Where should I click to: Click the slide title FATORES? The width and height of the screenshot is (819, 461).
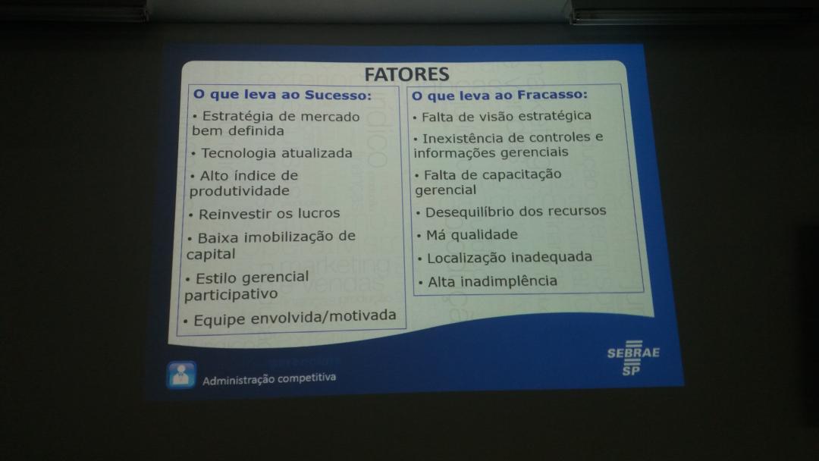pos(406,74)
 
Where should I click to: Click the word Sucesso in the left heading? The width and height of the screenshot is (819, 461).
pos(338,95)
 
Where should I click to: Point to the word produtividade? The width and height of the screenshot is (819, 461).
pos(239,191)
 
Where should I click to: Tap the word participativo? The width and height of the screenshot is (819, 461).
pos(231,295)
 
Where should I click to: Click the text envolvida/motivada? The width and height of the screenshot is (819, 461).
pos(323,316)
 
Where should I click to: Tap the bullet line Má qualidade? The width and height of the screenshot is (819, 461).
pos(468,236)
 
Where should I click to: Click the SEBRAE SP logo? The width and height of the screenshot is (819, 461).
pos(632,358)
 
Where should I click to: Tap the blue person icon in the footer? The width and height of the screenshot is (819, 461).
pos(181,375)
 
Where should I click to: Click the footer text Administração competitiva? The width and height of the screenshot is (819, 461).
pos(269,378)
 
